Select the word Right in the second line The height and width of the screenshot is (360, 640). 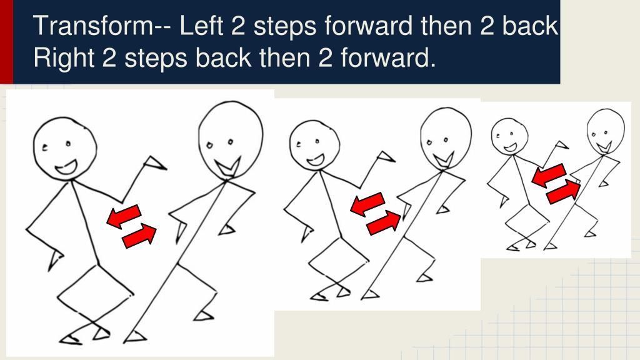tap(64, 57)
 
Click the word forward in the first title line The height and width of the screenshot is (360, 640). tap(369, 25)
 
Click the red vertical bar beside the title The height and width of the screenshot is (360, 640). tap(6, 42)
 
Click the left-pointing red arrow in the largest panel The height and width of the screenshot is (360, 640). tap(124, 216)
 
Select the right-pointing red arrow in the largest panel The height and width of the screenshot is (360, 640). tap(139, 236)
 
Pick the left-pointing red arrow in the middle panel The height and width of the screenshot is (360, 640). tap(367, 204)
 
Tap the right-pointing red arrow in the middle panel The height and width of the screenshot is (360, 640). tap(383, 223)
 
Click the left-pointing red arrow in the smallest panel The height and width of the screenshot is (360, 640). tap(549, 175)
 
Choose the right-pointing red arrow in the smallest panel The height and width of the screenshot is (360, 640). tap(564, 192)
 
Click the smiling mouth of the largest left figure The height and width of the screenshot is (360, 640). tap(66, 167)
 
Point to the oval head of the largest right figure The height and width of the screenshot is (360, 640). tap(231, 139)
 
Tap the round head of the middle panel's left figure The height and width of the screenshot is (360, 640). tap(314, 146)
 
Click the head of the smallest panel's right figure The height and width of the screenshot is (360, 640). tap(606, 131)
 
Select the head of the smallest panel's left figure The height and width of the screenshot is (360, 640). tap(509, 136)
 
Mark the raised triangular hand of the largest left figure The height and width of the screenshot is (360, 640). tap(155, 163)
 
